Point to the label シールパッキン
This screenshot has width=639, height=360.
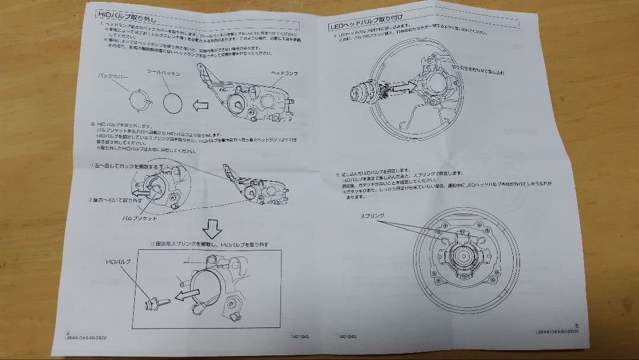pyautogui.click(x=163, y=71)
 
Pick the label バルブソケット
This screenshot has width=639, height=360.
pyautogui.click(x=140, y=218)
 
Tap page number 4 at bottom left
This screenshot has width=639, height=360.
pyautogui.click(x=69, y=332)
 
